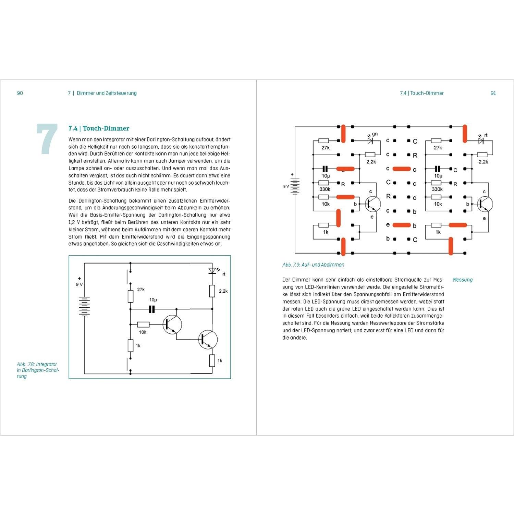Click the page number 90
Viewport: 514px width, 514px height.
20,93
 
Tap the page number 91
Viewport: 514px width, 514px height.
493,93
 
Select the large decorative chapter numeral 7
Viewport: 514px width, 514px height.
47,139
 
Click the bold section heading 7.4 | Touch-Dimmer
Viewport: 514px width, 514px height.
99,128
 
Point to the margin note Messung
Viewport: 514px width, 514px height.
462,280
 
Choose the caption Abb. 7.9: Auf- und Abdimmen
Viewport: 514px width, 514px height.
313,265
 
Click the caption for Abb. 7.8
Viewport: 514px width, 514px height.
38,370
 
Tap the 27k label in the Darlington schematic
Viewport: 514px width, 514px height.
141,290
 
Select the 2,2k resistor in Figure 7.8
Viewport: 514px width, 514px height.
212,291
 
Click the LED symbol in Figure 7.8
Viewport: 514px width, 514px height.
212,271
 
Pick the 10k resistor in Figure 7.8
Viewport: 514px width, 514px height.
143,325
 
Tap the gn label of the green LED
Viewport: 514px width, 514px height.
375,134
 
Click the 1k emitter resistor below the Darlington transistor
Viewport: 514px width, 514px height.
212,360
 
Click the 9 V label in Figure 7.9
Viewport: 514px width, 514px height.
286,186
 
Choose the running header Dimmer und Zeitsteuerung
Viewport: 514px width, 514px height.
107,93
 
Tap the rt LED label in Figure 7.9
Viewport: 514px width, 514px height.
486,135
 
